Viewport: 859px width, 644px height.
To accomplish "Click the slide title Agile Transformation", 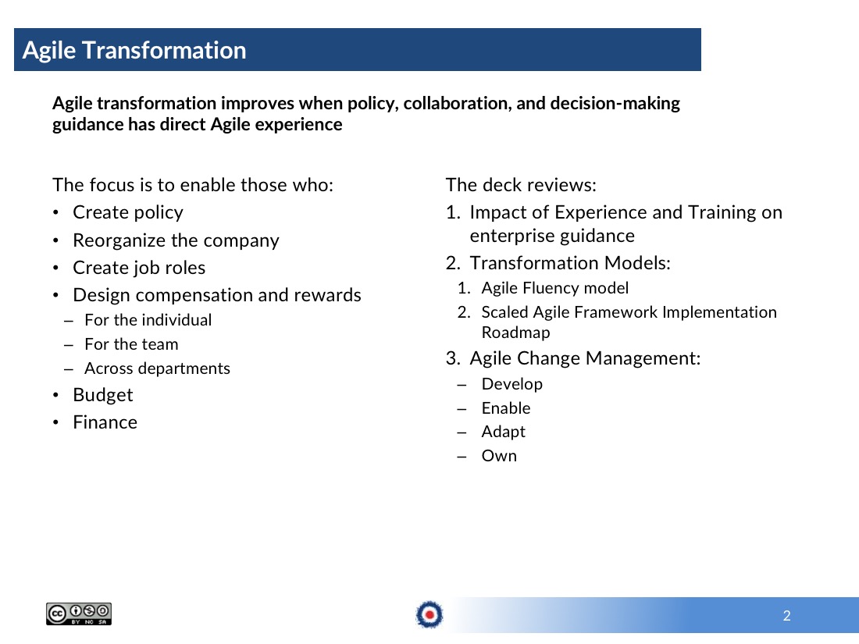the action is pos(134,51).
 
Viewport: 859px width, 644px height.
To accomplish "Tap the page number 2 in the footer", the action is pos(786,616).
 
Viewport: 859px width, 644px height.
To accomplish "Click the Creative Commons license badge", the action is pos(79,614).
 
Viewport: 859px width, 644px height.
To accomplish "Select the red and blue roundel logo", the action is pos(429,614).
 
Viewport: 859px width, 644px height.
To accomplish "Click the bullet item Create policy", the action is pos(127,212).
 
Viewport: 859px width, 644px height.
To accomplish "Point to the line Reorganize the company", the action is pos(176,240).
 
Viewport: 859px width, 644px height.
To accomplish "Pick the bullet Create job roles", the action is pos(139,268).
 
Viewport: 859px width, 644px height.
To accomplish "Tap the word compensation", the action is pos(194,295).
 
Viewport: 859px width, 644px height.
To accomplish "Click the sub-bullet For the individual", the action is pos(148,320).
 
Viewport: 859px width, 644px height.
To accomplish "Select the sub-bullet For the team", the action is pos(131,344).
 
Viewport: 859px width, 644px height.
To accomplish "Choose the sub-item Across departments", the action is pos(157,368).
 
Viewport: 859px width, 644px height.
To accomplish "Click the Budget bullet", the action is pos(103,395).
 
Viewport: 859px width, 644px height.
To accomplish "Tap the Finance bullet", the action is pos(105,422).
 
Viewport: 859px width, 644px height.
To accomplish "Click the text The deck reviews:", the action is pos(521,185).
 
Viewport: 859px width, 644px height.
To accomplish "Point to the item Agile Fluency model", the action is pos(555,288).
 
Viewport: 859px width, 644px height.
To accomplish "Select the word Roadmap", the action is pos(515,333).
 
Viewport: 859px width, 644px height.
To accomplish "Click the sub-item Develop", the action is pos(512,384).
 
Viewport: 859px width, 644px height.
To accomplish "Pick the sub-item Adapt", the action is pos(504,432).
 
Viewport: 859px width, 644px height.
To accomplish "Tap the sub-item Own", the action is pos(499,456).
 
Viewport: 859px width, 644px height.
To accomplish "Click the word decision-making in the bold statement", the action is pos(615,104).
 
